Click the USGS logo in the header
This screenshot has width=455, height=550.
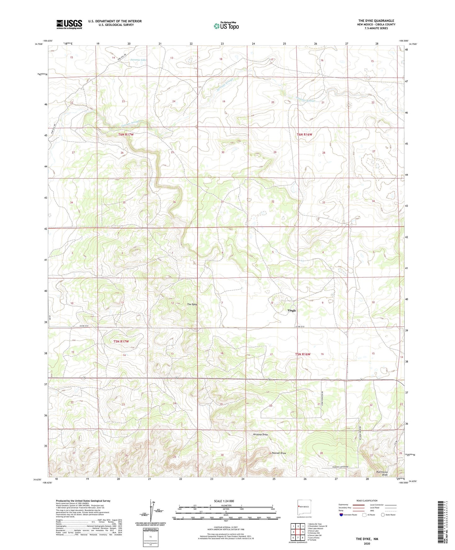[69, 24]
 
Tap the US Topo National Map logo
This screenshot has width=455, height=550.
[226, 26]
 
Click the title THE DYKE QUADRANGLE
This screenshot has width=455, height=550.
[376, 21]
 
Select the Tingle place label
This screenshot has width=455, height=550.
[292, 310]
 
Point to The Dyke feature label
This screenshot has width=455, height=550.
[192, 304]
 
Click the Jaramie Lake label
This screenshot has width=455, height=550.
[139, 60]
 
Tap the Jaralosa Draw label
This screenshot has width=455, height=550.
[260, 434]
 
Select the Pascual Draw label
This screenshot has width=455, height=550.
[279, 453]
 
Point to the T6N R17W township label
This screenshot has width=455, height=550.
[126, 135]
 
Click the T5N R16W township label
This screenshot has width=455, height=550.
[303, 354]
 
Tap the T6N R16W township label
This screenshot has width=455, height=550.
[304, 135]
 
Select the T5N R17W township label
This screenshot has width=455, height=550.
[121, 341]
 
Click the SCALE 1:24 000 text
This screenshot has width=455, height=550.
[224, 501]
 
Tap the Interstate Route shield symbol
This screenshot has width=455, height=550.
[341, 515]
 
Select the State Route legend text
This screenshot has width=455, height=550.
[391, 515]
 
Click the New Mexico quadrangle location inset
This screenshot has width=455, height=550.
[304, 508]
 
